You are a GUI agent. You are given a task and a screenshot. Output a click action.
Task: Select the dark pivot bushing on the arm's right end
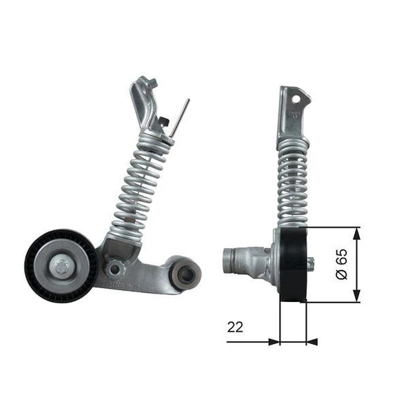pos(185,274)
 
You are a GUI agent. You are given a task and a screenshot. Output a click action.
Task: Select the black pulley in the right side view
pos(294,265)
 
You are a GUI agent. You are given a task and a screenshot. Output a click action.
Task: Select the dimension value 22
pos(236,327)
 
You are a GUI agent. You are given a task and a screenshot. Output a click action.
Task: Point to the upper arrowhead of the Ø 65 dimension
pos(356,233)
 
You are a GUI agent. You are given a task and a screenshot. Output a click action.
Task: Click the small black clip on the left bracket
pos(163,122)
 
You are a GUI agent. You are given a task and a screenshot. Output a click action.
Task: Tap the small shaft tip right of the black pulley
pos(312,262)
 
